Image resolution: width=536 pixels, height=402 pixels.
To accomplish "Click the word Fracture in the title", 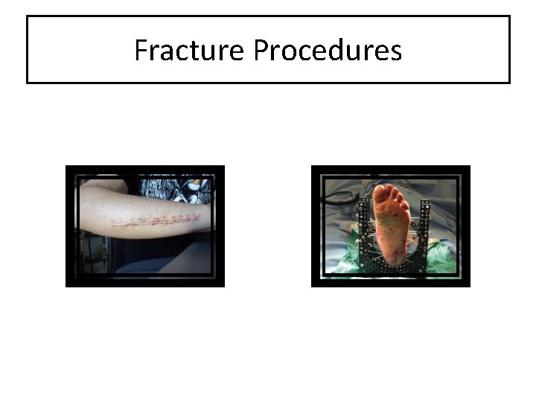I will click(x=191, y=51).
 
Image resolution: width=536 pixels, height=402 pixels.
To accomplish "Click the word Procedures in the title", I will click(x=328, y=51).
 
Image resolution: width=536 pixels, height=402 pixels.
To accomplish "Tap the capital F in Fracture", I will click(x=141, y=51).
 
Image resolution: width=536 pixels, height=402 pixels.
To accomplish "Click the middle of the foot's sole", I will click(x=391, y=227).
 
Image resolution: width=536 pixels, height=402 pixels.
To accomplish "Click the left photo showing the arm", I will click(x=145, y=226).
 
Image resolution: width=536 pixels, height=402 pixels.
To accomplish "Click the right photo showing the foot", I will click(x=391, y=226).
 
